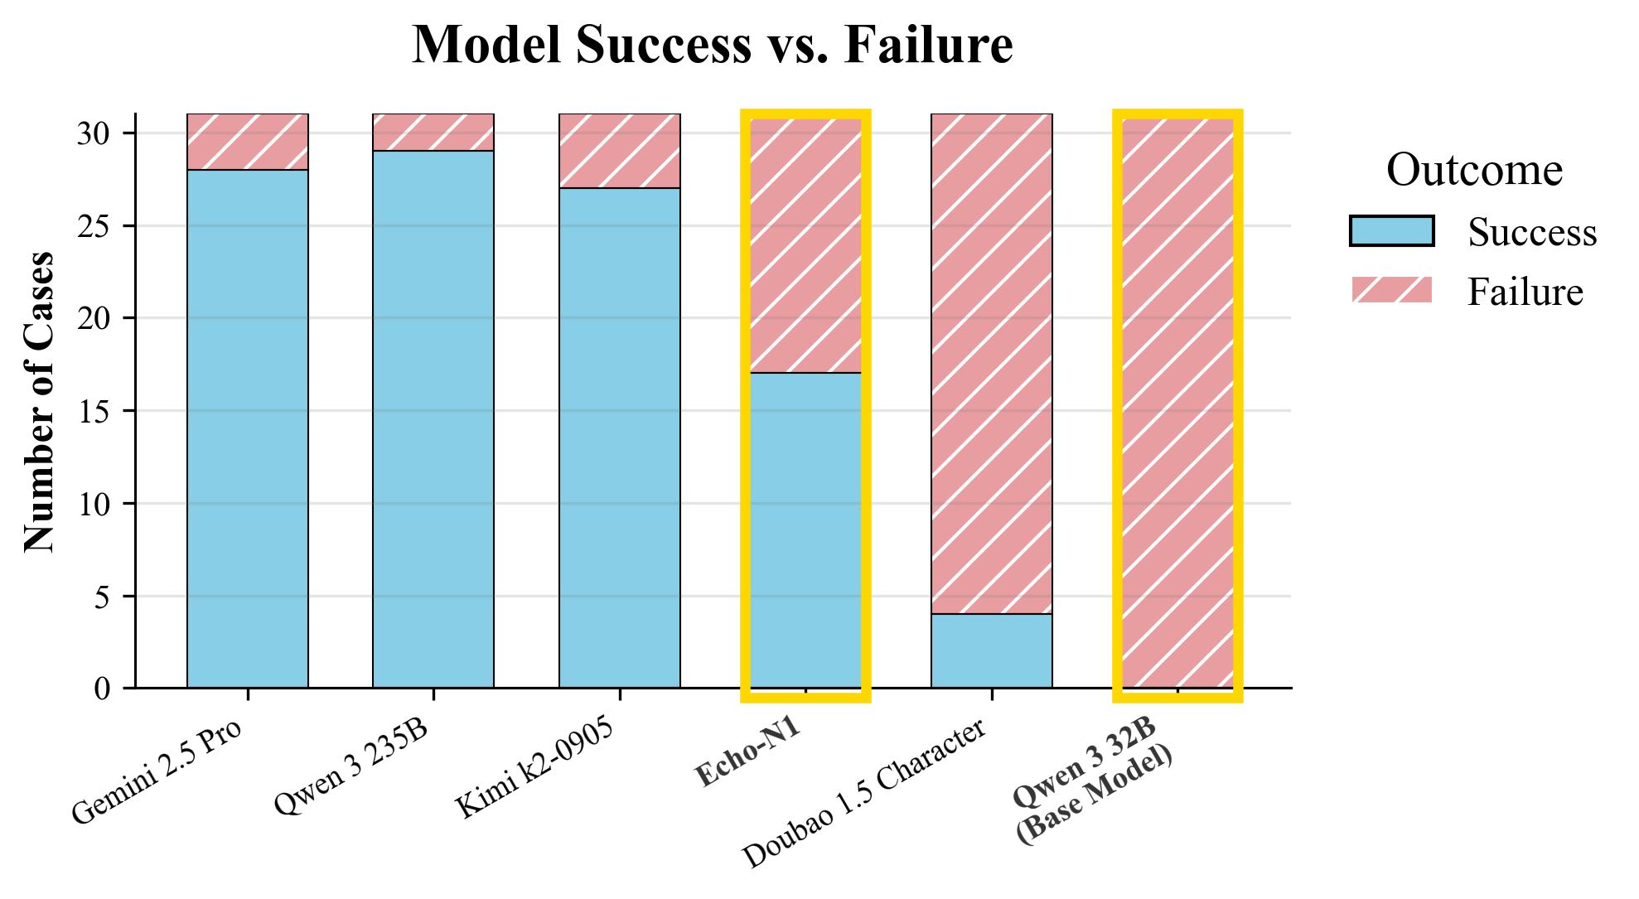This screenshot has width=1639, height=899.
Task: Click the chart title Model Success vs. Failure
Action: pyautogui.click(x=712, y=45)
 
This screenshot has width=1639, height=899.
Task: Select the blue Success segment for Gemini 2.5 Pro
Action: pyautogui.click(x=248, y=428)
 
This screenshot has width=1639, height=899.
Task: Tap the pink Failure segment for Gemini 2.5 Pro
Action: pyautogui.click(x=248, y=142)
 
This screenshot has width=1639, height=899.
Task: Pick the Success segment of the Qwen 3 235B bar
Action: pyautogui.click(x=433, y=419)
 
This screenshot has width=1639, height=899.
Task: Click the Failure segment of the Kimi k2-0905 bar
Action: pyautogui.click(x=620, y=151)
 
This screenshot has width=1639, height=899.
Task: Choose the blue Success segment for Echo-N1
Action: pyautogui.click(x=805, y=530)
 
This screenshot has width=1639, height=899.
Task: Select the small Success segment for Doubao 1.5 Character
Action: pyautogui.click(x=992, y=651)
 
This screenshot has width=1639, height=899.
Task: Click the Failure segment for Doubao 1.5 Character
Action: pyautogui.click(x=992, y=364)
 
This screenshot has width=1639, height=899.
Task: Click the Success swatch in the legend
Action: pyautogui.click(x=1391, y=231)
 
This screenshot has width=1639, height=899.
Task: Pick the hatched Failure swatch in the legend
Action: pyautogui.click(x=1391, y=291)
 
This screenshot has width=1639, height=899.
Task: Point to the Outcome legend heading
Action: pyautogui.click(x=1474, y=171)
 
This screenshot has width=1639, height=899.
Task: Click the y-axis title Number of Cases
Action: pyautogui.click(x=38, y=401)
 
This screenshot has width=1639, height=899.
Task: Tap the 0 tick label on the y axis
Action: pyautogui.click(x=103, y=689)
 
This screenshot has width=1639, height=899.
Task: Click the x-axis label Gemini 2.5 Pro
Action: pyautogui.click(x=157, y=771)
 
